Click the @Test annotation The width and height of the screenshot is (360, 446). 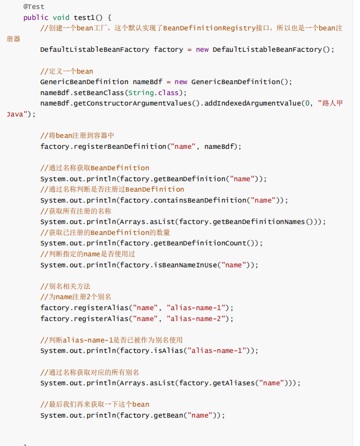tap(34, 6)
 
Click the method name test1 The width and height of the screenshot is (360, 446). tap(84, 17)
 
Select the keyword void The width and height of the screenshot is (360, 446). tap(61, 17)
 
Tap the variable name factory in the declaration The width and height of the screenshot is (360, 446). tap(169, 49)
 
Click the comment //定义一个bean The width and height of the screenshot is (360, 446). tap(67, 71)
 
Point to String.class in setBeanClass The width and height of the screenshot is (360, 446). tap(154, 93)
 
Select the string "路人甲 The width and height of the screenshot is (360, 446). tap(330, 103)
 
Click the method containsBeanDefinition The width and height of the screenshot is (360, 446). tap(200, 200)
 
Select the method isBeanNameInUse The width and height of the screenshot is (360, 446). tap(185, 265)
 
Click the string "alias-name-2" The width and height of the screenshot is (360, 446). tap(196, 319)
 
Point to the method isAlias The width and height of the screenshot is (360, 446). tap(168, 351)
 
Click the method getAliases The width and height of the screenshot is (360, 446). tap(234, 383)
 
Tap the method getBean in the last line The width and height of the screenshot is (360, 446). tap(168, 415)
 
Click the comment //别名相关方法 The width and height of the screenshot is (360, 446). tap(65, 286)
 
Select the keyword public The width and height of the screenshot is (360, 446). tap(36, 17)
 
